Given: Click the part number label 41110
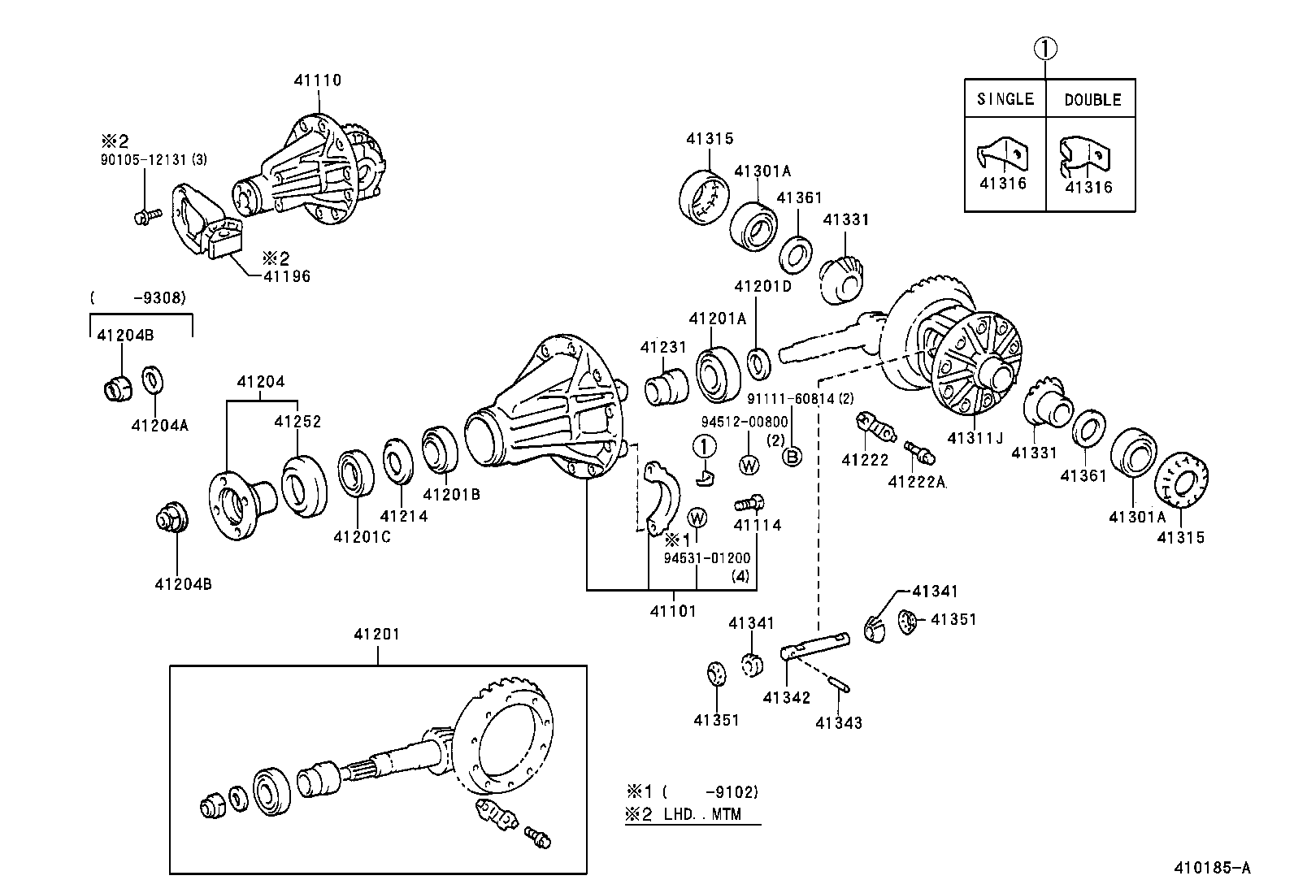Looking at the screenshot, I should click(x=317, y=80).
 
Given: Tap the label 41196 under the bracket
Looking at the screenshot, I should click(x=286, y=276).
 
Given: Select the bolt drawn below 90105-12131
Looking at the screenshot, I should click(x=146, y=216).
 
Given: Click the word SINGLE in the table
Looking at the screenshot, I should click(x=1005, y=99).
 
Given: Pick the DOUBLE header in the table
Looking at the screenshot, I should click(x=1092, y=100).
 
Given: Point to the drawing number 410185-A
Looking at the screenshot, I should click(x=1211, y=868).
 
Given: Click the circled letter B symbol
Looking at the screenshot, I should click(x=792, y=457).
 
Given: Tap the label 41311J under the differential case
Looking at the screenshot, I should click(x=975, y=438).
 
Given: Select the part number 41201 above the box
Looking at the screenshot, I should click(x=376, y=634).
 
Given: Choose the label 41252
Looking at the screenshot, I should click(x=297, y=422).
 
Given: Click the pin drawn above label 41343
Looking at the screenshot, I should click(x=840, y=684).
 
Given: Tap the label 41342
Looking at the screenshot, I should click(x=787, y=697).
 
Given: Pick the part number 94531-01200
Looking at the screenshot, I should click(x=706, y=558).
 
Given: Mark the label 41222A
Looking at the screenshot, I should click(x=917, y=482).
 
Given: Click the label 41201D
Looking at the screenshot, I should click(x=762, y=286).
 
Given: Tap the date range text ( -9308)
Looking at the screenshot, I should click(x=138, y=298).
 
